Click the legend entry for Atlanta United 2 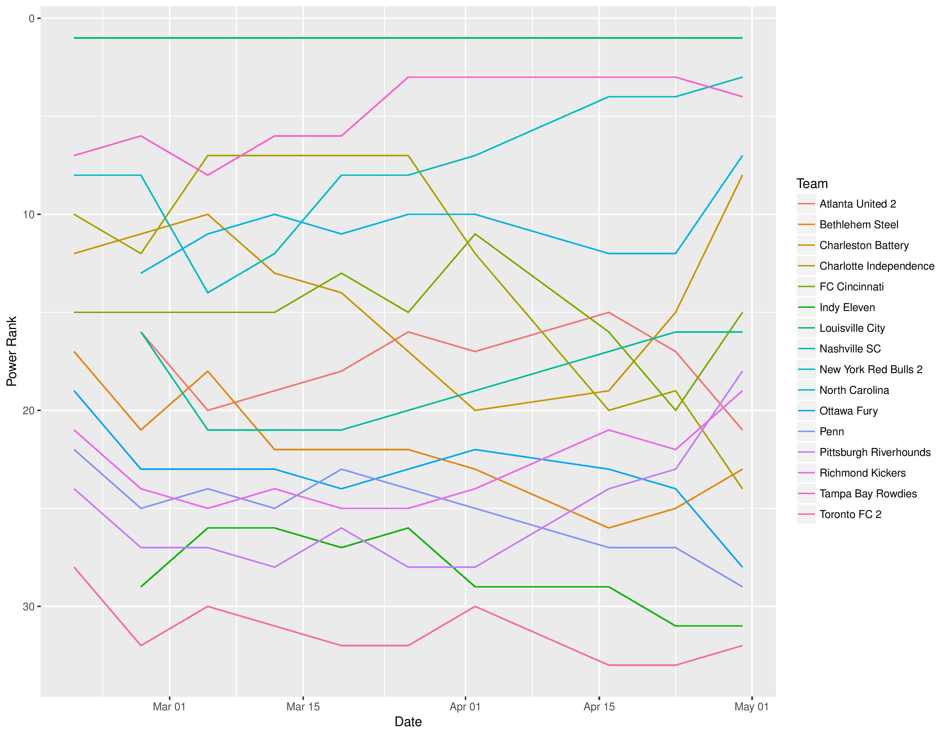pos(857,204)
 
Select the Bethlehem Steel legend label pos(859,225)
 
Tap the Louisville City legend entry pos(852,328)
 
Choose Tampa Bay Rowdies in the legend pos(868,494)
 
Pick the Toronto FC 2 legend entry pos(850,515)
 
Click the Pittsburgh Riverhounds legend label pos(875,452)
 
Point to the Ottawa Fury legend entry pos(848,411)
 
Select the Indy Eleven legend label pos(847,308)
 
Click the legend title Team pos(812,184)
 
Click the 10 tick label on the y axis pos(28,214)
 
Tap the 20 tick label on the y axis pos(28,411)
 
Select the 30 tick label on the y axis pos(28,607)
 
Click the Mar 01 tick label pos(169,707)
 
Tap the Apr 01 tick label pos(465,707)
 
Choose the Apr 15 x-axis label pos(599,707)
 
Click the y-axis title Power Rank pos(12,351)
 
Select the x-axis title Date pos(408,722)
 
